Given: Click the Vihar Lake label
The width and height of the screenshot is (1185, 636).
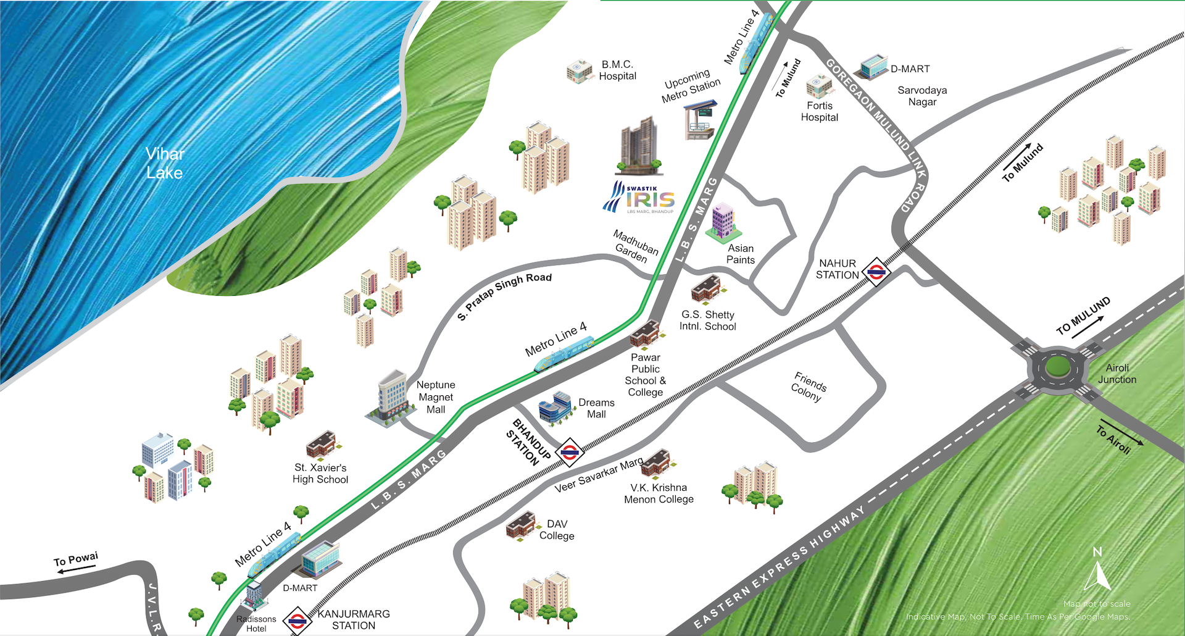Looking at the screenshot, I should click(164, 163).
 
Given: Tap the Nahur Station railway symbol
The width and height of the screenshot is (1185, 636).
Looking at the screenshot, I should click(876, 270).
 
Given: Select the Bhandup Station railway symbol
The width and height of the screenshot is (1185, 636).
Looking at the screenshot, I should click(569, 452).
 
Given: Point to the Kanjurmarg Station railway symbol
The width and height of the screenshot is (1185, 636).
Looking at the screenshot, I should click(297, 621).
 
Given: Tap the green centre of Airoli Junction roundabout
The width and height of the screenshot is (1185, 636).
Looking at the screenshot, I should click(1057, 367).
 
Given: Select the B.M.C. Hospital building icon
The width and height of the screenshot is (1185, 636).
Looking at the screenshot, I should click(579, 71).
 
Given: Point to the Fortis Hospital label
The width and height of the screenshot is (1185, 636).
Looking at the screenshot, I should click(819, 112).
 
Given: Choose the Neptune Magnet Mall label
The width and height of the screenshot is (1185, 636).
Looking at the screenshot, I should click(436, 397).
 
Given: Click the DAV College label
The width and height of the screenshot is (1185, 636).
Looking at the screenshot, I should click(557, 530).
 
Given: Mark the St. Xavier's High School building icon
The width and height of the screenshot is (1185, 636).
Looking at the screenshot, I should click(321, 443).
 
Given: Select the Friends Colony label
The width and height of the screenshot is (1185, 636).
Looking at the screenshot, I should click(808, 387).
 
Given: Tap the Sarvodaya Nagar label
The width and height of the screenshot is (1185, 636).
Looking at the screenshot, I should click(922, 96).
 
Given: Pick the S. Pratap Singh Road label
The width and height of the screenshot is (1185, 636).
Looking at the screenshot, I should click(504, 295).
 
